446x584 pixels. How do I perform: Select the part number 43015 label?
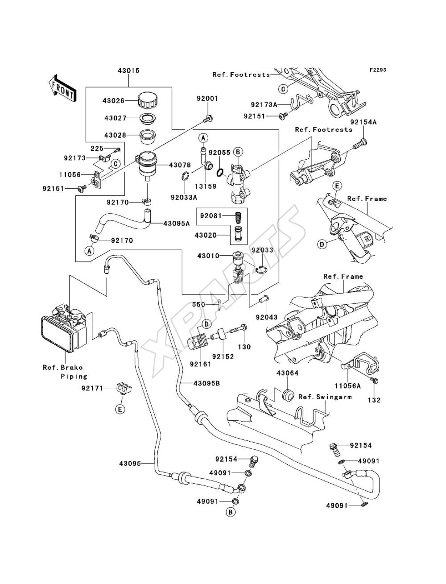pos(129,71)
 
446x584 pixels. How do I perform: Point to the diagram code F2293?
pos(378,70)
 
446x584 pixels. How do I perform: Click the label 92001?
pos(207,99)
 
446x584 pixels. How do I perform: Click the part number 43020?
pos(206,235)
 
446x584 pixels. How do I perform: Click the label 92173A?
pos(264,105)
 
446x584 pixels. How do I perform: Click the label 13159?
pos(205,186)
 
